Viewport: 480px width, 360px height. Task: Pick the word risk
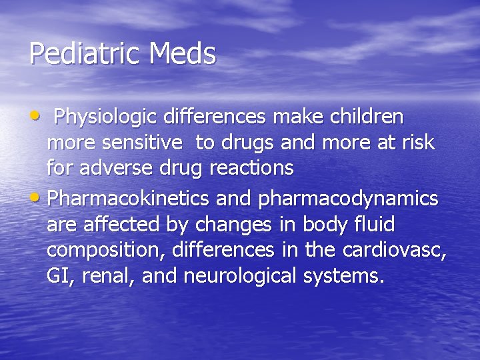419,143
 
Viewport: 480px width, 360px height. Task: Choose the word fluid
376,224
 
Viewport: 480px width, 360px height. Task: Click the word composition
107,250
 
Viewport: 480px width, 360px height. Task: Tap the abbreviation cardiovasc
394,250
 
